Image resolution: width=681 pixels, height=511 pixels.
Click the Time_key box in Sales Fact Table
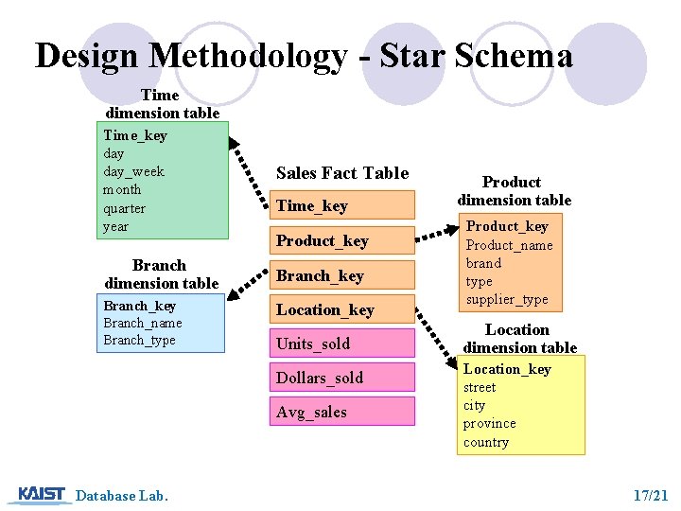pyautogui.click(x=343, y=206)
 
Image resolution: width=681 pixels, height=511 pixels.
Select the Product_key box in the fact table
pyautogui.click(x=343, y=240)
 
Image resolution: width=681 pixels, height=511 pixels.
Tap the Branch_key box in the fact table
pyautogui.click(x=343, y=275)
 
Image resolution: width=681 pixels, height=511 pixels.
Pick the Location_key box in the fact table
pyautogui.click(x=343, y=309)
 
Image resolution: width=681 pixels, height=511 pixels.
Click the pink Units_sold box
pyautogui.click(x=343, y=344)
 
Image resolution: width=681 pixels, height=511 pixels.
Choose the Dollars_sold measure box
pyautogui.click(x=343, y=378)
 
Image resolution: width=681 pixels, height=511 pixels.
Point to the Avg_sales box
pyautogui.click(x=343, y=412)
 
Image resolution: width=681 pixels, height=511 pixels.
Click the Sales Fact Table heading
pyautogui.click(x=342, y=173)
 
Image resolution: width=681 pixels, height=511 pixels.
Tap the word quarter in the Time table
pyautogui.click(x=124, y=208)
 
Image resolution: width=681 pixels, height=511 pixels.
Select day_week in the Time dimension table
pyautogui.click(x=133, y=171)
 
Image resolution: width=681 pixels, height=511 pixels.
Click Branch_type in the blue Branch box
pyautogui.click(x=139, y=340)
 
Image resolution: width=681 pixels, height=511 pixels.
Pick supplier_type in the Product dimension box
pyautogui.click(x=506, y=299)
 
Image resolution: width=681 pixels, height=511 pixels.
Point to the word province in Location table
pyautogui.click(x=489, y=423)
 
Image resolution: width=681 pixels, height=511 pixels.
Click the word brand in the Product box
pyautogui.click(x=483, y=263)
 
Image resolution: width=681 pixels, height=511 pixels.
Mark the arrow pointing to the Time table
pyautogui.click(x=249, y=167)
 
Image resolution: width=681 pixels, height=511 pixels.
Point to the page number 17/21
pyautogui.click(x=651, y=495)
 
